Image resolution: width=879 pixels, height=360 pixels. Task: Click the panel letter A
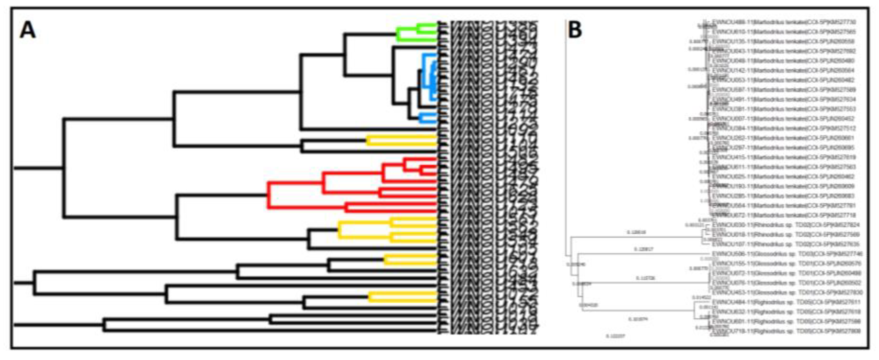[x=28, y=30]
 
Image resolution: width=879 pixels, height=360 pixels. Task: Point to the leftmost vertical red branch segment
[x=269, y=195]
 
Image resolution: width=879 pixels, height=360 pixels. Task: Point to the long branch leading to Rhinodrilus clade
[x=635, y=236]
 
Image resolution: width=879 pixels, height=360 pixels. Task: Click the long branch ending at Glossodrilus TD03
[x=641, y=253]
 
